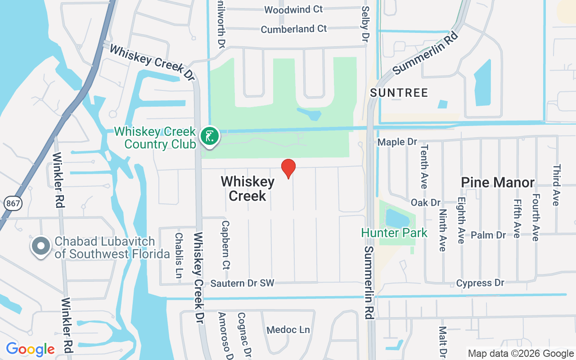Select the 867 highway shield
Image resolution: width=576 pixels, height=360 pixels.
[13, 203]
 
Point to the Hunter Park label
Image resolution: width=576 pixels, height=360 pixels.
[394, 233]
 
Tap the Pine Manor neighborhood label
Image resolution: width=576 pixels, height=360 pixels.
[497, 182]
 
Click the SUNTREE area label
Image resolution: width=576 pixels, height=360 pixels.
[399, 93]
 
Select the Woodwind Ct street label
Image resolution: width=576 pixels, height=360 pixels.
[293, 9]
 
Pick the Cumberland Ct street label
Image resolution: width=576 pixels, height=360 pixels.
[294, 29]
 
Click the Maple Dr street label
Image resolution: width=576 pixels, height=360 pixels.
[397, 142]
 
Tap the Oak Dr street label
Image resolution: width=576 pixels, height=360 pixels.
[425, 202]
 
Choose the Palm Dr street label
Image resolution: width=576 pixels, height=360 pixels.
[488, 235]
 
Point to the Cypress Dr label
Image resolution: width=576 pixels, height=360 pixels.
[480, 283]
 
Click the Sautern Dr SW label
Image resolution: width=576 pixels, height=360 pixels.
[242, 283]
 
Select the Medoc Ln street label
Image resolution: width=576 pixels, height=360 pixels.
[288, 330]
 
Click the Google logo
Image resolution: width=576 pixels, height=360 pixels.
[30, 349]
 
